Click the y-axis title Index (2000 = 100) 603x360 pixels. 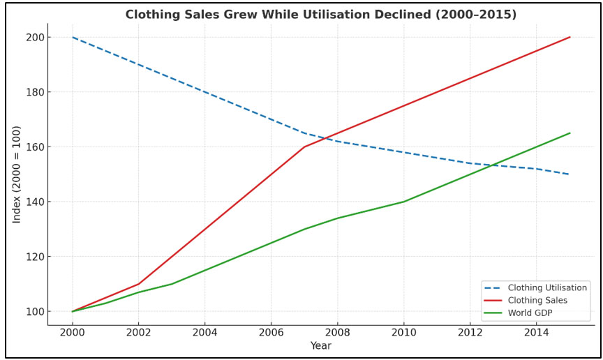17,174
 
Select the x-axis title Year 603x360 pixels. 321,346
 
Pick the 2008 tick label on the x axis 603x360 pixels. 338,332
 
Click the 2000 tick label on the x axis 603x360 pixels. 72,332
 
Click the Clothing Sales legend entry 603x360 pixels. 537,301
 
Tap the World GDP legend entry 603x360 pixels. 530,313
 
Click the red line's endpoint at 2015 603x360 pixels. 570,37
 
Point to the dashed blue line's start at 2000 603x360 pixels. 72,37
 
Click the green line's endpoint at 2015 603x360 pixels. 570,133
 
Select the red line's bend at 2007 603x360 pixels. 304,147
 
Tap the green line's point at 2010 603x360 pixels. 404,202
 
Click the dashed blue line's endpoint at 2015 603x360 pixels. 570,174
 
